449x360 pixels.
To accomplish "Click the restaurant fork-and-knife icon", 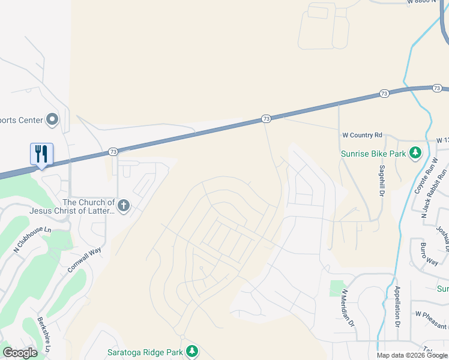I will click(41, 154).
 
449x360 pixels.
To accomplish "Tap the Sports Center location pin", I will click(52, 120).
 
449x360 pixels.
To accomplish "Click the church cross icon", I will click(124, 206).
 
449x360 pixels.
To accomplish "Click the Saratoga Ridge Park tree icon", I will click(192, 351).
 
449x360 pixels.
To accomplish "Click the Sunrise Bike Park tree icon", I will click(415, 154).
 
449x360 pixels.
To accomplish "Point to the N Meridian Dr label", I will click(349, 308).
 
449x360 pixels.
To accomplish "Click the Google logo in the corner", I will click(20, 353).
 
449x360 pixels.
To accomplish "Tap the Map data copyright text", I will click(412, 355).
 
